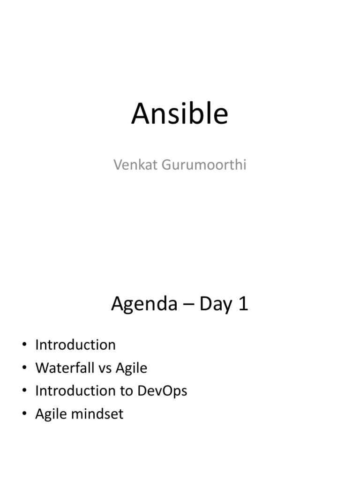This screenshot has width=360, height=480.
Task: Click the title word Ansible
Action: [x=180, y=113]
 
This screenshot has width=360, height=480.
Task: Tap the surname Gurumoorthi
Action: [x=204, y=165]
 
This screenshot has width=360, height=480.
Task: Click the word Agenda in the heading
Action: [x=144, y=304]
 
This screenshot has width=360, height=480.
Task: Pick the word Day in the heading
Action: [x=216, y=304]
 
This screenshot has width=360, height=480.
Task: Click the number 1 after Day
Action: [x=243, y=304]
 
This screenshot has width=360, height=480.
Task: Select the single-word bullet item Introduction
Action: [x=75, y=345]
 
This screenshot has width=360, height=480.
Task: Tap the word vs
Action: [x=105, y=368]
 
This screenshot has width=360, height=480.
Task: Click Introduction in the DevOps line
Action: [x=75, y=390]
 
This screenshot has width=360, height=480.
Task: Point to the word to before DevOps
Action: [x=126, y=391]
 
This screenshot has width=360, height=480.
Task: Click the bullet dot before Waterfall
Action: [x=24, y=367]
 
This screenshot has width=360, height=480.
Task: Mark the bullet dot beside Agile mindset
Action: [x=24, y=413]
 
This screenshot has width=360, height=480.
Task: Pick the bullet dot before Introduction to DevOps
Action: [x=24, y=390]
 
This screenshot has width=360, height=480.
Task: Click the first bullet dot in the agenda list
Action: [x=24, y=345]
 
